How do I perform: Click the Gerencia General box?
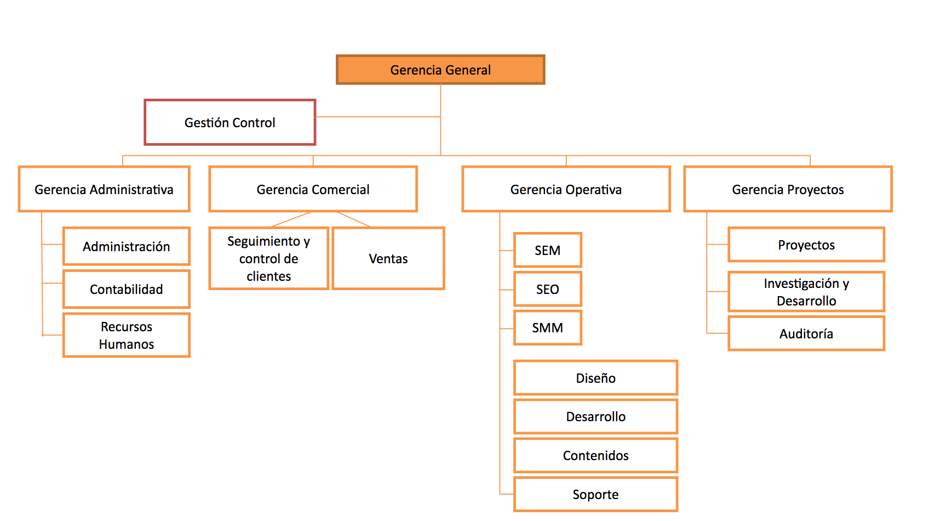tap(440, 70)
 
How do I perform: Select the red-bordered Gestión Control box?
tap(230, 122)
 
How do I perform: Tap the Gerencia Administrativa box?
tap(104, 189)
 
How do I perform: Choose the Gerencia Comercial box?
tap(313, 189)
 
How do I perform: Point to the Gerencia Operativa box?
tap(566, 189)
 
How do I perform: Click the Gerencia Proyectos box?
tap(788, 189)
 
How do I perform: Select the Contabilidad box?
tap(126, 289)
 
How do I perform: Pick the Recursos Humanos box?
tap(126, 335)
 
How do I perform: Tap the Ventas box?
tap(388, 258)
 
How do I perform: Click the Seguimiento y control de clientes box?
tap(268, 258)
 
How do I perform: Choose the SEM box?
tap(547, 250)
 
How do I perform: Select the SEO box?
tap(547, 289)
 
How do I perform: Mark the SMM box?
tap(547, 327)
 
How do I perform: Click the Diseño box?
tap(595, 378)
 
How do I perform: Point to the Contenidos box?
tap(595, 455)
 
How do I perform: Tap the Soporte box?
tap(595, 494)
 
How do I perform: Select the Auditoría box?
tap(806, 333)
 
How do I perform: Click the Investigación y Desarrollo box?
tap(806, 292)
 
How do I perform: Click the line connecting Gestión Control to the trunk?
tap(378, 116)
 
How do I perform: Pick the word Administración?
tap(126, 247)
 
